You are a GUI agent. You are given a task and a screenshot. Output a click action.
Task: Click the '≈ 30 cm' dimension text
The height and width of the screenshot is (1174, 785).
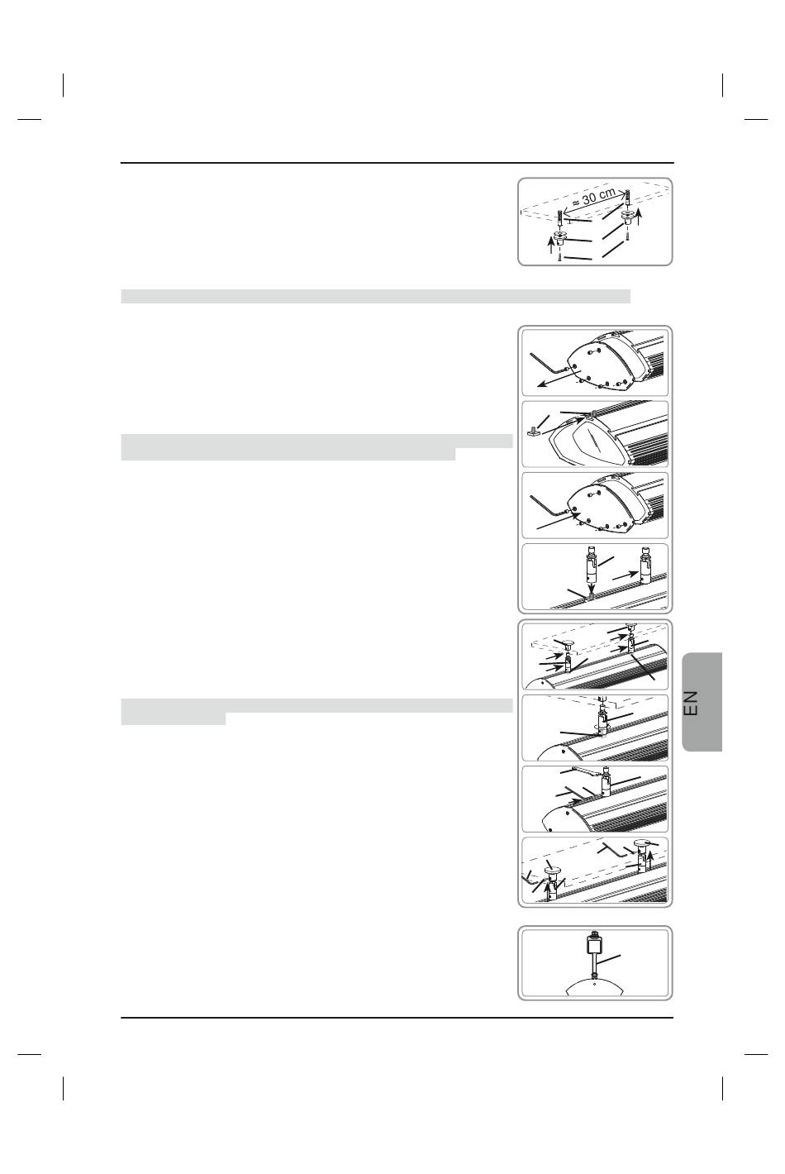click(592, 196)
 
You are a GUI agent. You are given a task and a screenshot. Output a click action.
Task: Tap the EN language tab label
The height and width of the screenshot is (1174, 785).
click(692, 703)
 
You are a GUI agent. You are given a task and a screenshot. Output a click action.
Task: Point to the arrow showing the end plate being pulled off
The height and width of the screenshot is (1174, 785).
click(559, 377)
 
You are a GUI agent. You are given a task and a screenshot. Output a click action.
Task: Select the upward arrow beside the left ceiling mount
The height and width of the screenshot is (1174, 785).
click(550, 245)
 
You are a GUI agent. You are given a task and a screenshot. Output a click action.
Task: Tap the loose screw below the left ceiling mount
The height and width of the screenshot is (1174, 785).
click(559, 257)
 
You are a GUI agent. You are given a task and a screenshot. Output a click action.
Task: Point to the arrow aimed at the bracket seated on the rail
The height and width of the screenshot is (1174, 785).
click(625, 575)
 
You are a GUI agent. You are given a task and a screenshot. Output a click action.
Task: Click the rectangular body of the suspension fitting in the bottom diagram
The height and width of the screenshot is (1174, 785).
click(594, 947)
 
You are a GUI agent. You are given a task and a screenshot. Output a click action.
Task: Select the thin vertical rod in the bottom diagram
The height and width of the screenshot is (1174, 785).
click(595, 964)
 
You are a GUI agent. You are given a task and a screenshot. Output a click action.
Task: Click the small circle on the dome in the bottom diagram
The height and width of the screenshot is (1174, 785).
click(594, 984)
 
